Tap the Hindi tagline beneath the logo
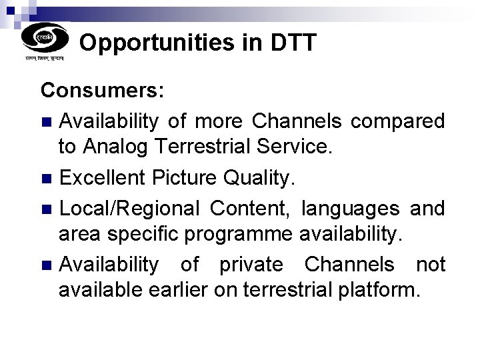[45, 59]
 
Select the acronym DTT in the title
[293, 43]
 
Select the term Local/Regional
[129, 209]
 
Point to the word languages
[350, 209]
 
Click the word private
[251, 265]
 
